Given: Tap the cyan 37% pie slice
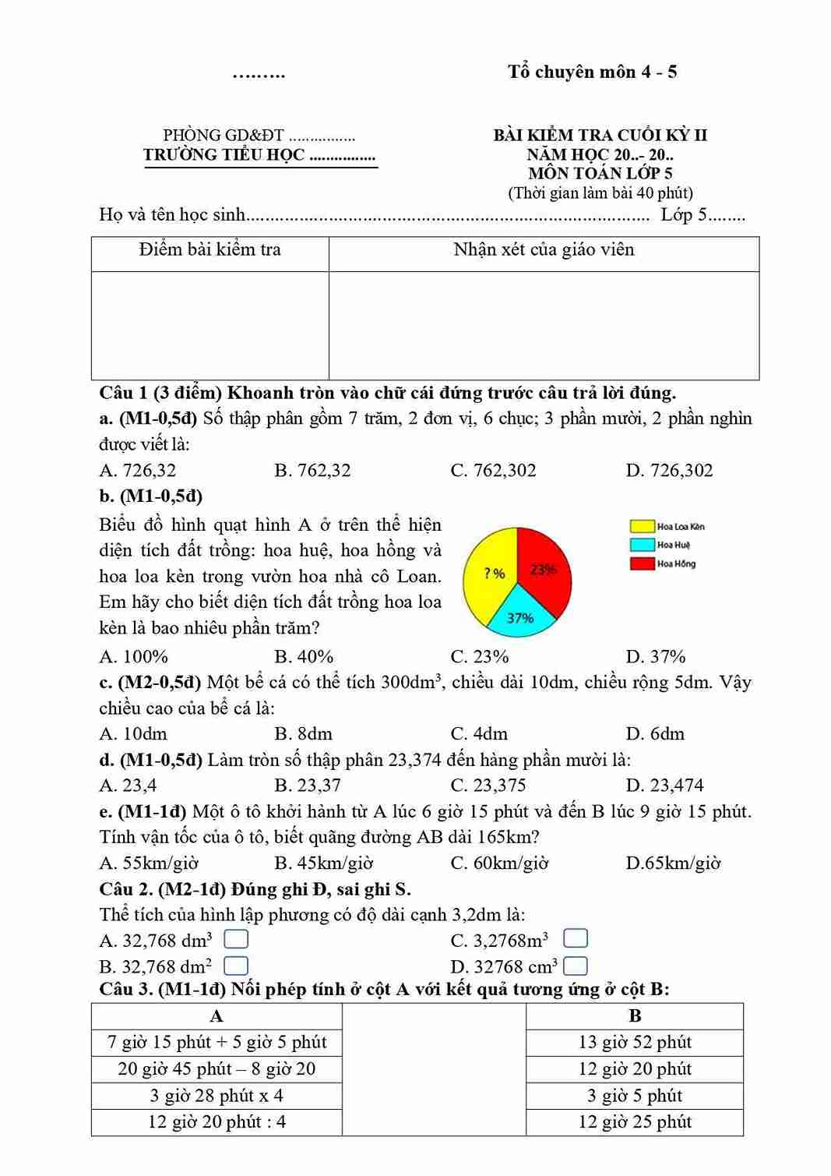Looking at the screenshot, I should coord(520,614).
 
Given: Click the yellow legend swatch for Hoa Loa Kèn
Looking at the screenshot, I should coord(642,527).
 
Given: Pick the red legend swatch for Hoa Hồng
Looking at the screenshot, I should coord(642,563).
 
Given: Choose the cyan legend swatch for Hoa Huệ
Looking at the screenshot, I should coord(642,545).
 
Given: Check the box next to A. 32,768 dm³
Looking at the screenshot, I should coord(236,939).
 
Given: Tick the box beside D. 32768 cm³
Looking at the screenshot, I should coord(575,966).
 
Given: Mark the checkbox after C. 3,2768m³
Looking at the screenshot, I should coord(575,938).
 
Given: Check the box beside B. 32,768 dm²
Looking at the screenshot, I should coord(236,966).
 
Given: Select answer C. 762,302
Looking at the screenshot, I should coord(493,471).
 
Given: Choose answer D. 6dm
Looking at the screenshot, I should coord(655,734).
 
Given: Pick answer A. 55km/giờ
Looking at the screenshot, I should coord(149,863).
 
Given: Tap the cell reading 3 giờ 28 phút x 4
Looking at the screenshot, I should coord(217,1096).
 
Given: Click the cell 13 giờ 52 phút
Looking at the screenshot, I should coord(635,1043).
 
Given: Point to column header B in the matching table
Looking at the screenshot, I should coord(635,1016).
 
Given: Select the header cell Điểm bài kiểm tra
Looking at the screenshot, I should coord(210,250).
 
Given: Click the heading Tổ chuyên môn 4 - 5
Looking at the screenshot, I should coord(592,72).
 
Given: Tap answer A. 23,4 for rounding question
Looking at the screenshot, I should coord(128,786).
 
